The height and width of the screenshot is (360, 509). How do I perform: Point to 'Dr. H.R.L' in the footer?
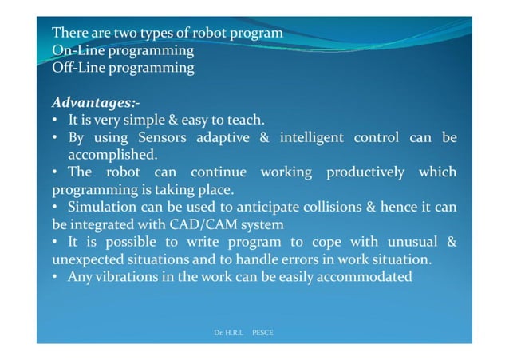[x=228, y=331]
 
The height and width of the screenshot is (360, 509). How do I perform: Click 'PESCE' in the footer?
[x=262, y=331]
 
